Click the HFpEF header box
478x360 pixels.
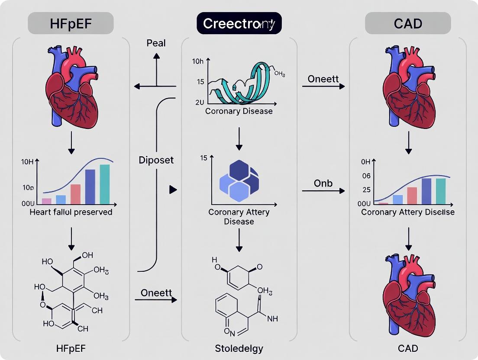tap(71, 23)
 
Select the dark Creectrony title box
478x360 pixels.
tap(239, 23)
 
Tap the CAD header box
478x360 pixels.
tap(408, 23)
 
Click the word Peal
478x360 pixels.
tap(156, 43)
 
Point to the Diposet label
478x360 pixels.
tap(156, 160)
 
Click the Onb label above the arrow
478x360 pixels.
tap(323, 183)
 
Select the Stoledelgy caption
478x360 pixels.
tap(239, 349)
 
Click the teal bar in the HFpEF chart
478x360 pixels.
tap(105, 184)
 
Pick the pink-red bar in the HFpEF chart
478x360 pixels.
tap(75, 194)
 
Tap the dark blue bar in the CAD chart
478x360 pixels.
tap(426, 191)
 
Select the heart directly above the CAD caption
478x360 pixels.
tap(408, 294)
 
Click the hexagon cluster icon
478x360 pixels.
tap(239, 181)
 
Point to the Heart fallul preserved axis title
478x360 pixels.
tap(71, 212)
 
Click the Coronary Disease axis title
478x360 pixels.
tap(239, 111)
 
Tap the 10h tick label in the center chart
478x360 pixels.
tap(197, 61)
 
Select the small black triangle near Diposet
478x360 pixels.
tap(173, 190)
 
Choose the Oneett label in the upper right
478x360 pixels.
tap(323, 79)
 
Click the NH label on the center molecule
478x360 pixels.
tap(273, 319)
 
